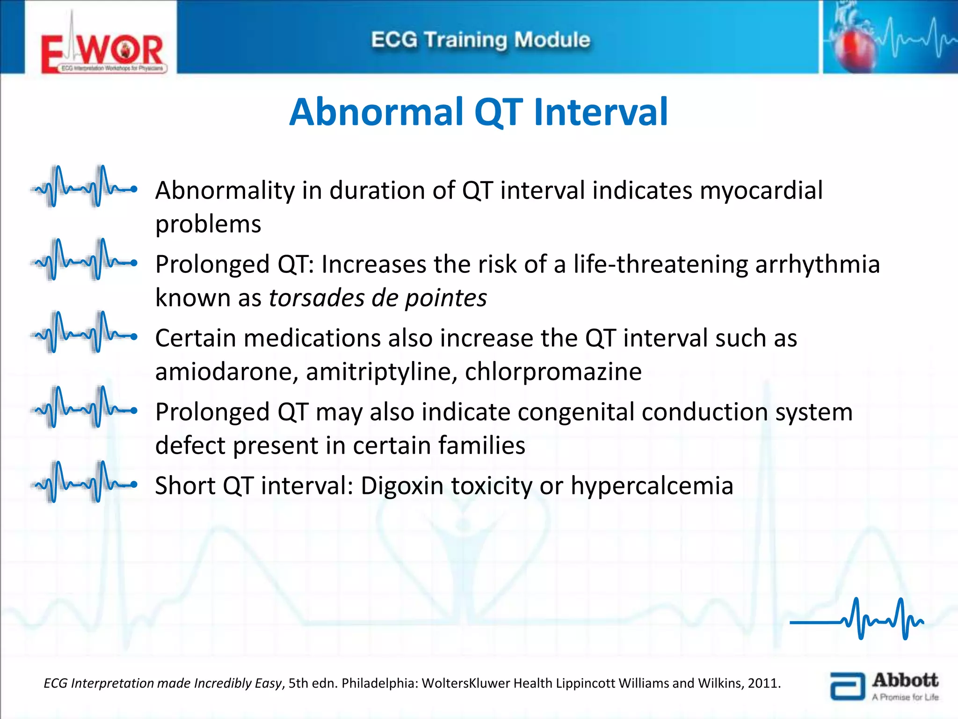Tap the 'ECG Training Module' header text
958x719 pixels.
(x=480, y=40)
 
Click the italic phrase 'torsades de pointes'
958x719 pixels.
(x=378, y=298)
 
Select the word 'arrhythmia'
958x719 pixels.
(x=817, y=264)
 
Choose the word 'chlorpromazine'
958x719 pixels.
(x=553, y=372)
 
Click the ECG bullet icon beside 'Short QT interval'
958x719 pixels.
(x=84, y=482)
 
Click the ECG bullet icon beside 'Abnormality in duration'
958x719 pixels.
(x=84, y=186)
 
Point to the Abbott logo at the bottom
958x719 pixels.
(x=884, y=686)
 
